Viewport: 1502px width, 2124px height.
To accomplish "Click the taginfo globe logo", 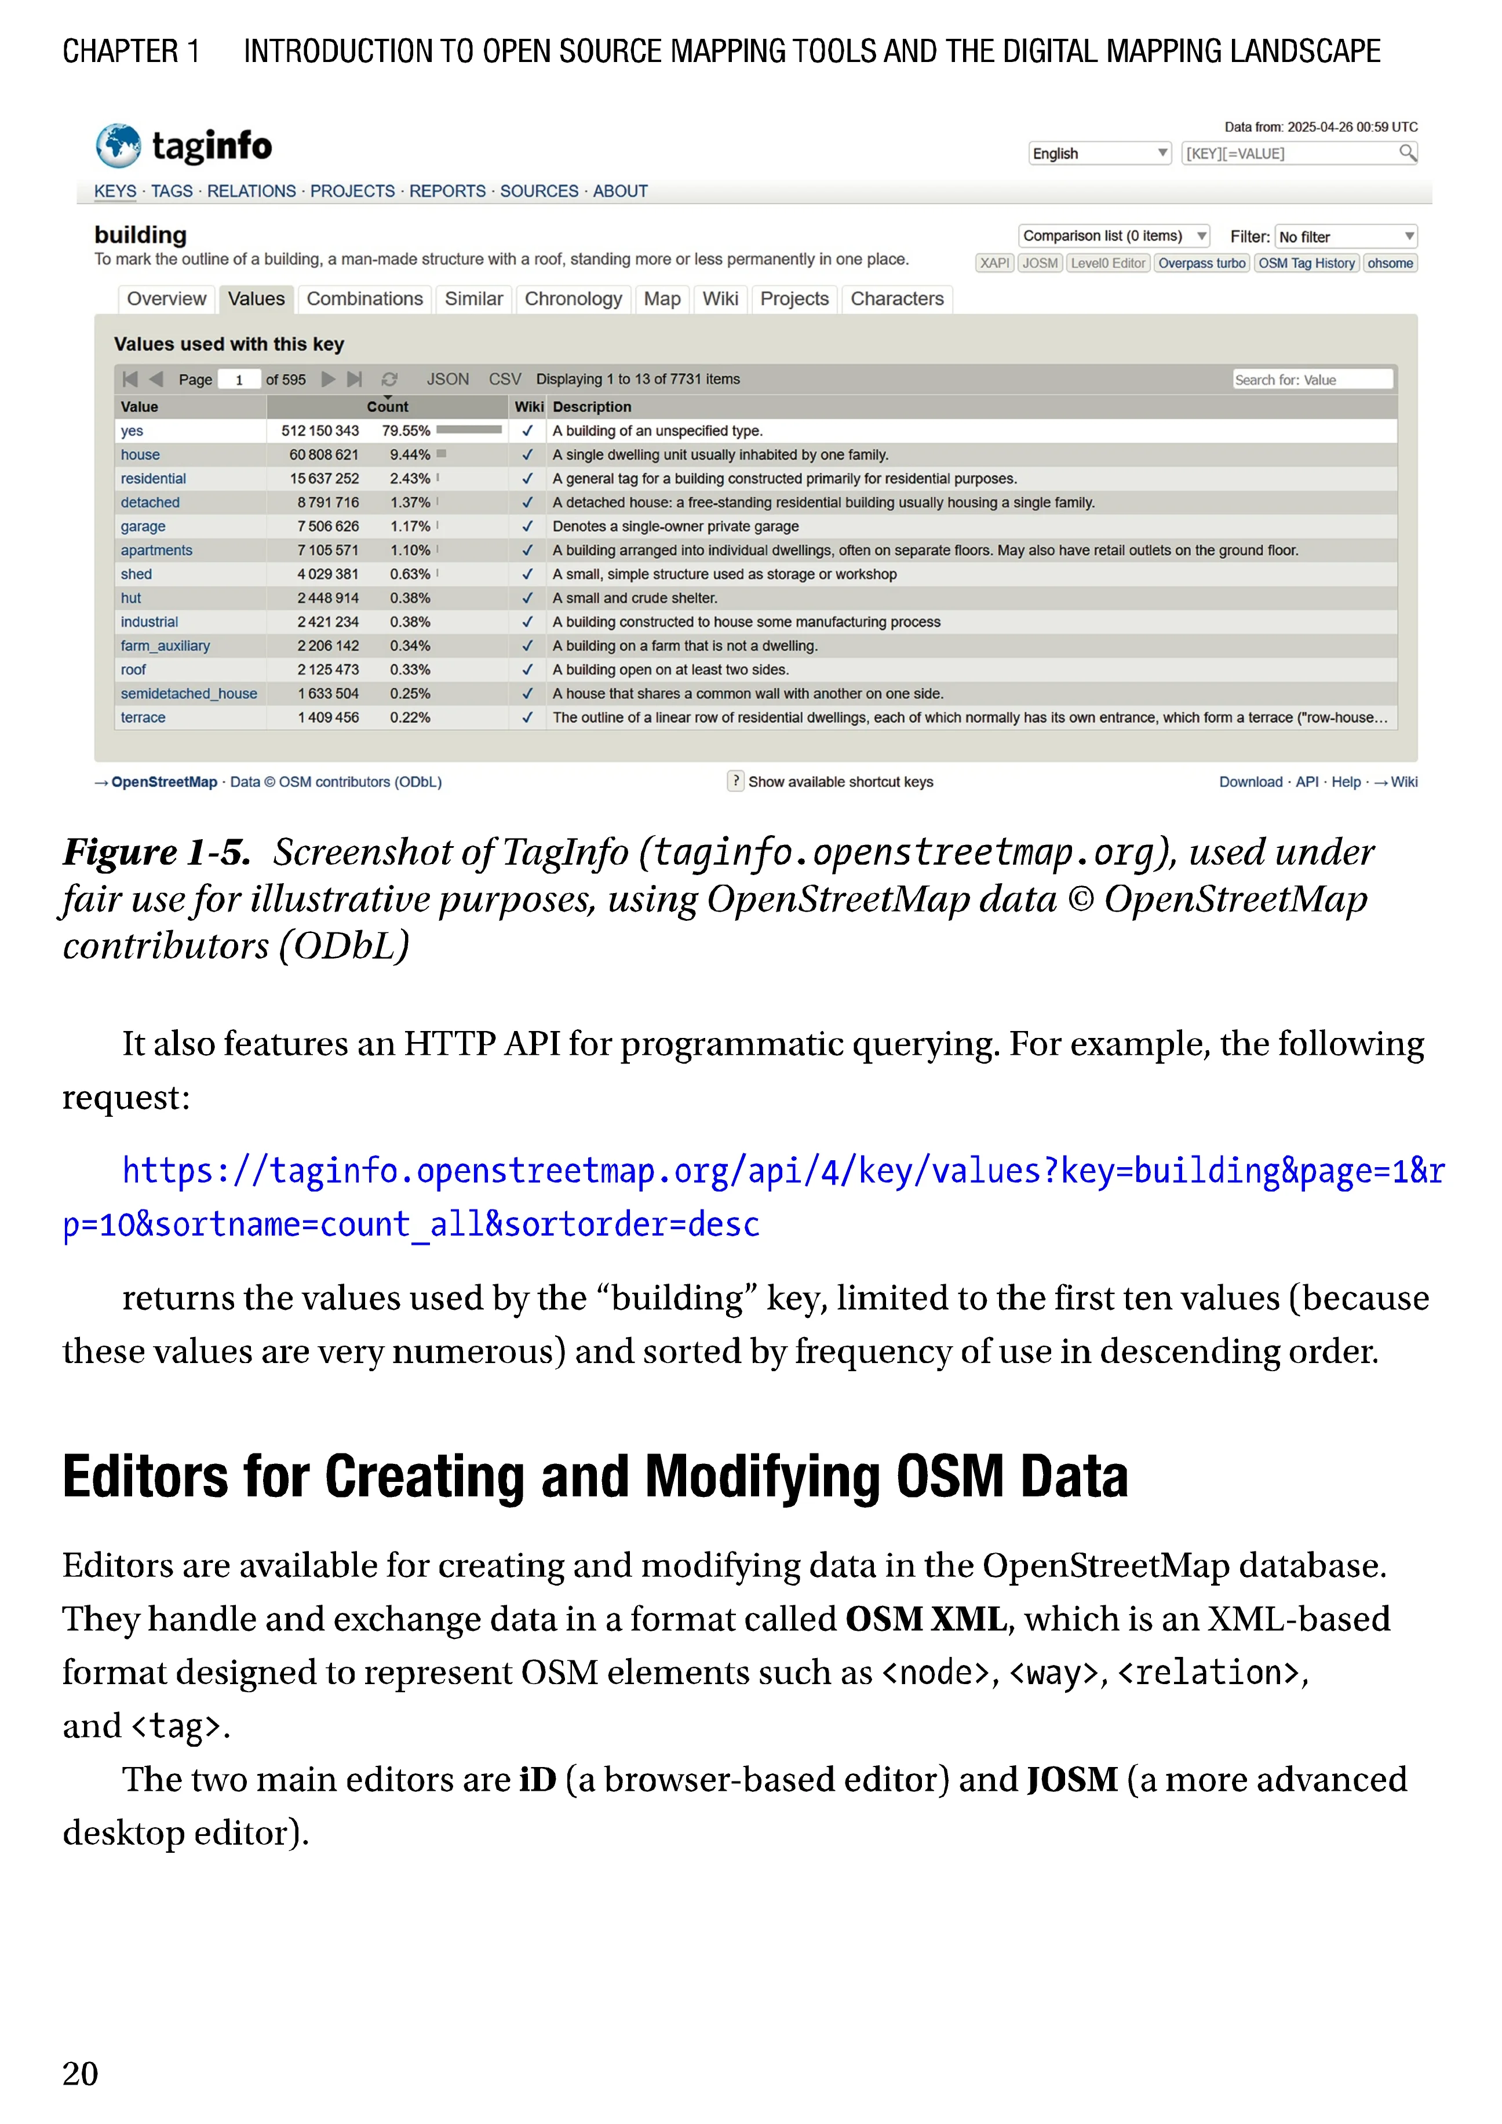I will point(118,146).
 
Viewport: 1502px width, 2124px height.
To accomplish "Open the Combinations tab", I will point(364,299).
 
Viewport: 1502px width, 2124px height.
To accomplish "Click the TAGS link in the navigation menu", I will point(172,191).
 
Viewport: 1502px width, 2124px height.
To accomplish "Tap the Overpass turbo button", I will point(1201,264).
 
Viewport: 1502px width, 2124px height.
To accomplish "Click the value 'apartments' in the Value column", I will point(156,551).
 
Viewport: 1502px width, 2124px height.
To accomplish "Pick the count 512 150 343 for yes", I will point(320,431).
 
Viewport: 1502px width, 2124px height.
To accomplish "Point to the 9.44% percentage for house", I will point(410,455).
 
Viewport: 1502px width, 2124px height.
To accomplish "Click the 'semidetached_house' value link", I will point(189,694).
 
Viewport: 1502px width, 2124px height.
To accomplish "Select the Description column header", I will point(592,407).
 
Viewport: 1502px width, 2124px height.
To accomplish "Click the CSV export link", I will point(505,379).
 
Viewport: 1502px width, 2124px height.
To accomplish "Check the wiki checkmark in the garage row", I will point(527,526).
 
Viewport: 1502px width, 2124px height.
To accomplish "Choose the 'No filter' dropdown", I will point(1346,237).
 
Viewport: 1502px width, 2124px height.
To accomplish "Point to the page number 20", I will point(81,2074).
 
